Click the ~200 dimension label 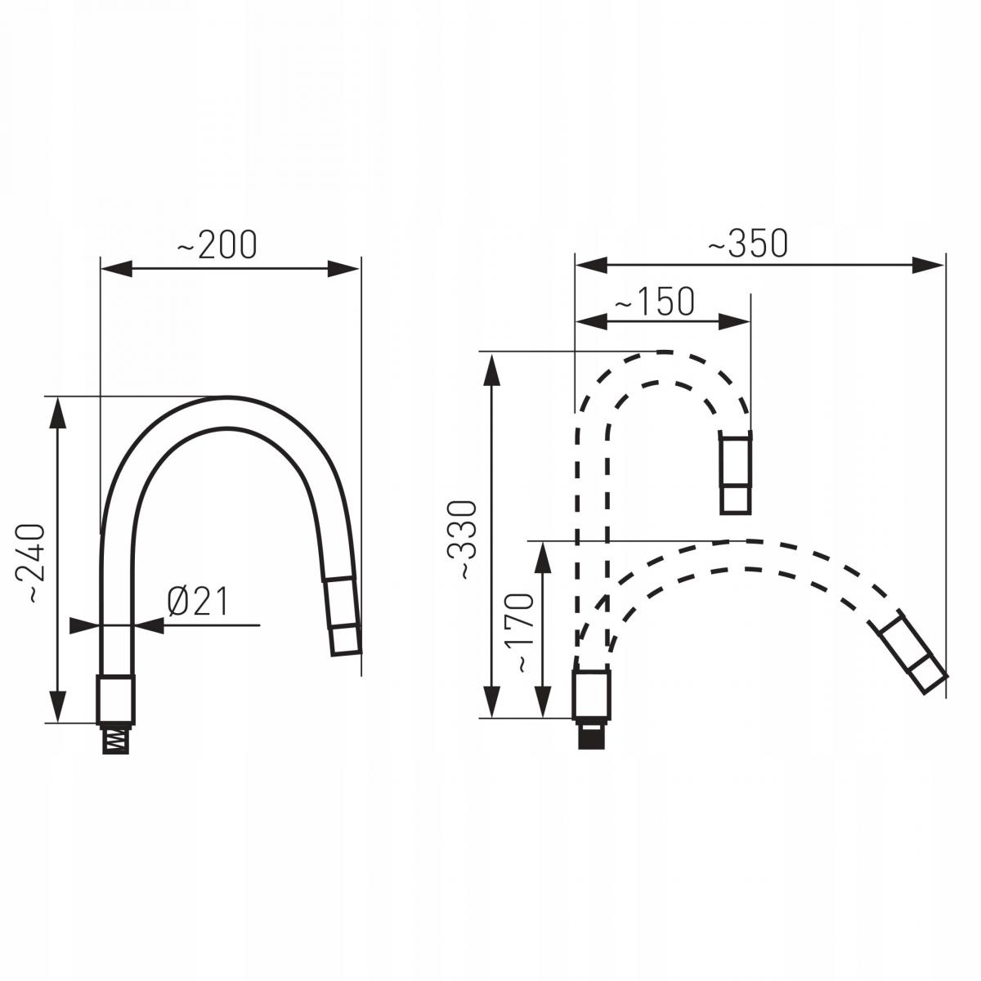217,245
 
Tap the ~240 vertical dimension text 30,563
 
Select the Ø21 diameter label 198,601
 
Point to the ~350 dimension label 748,243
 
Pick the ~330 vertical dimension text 462,540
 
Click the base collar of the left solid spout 116,700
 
